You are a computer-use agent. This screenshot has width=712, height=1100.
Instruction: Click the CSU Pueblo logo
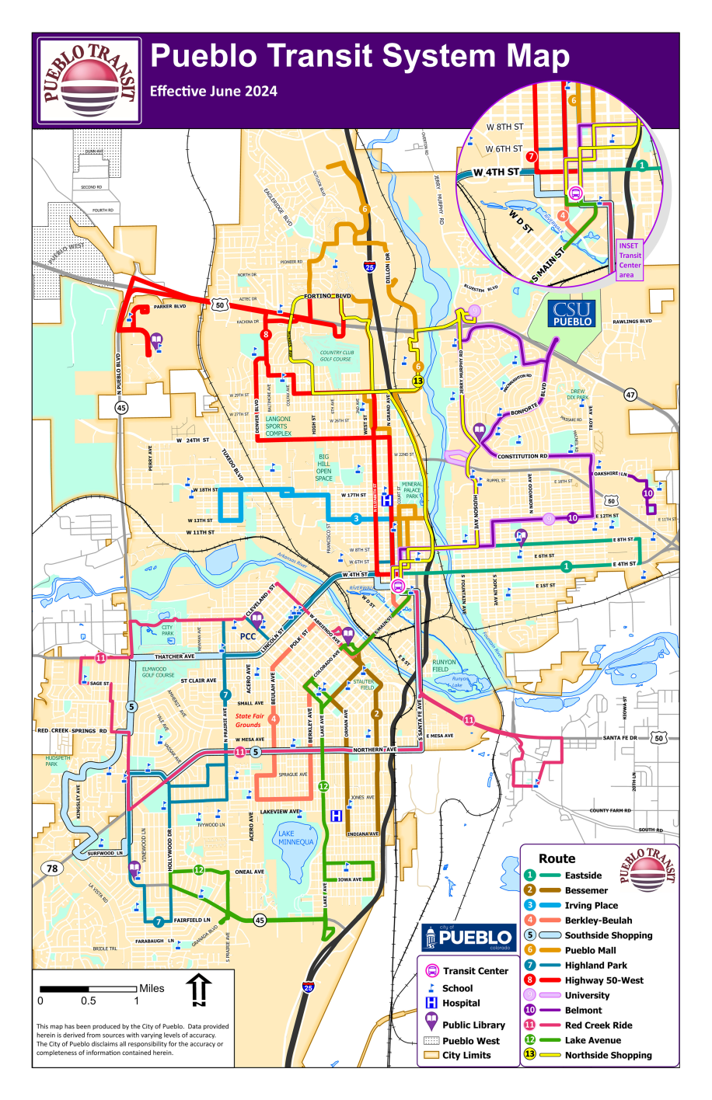click(573, 314)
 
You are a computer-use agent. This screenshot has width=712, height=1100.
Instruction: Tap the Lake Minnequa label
click(296, 837)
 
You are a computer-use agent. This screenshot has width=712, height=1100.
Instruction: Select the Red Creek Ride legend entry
click(598, 1025)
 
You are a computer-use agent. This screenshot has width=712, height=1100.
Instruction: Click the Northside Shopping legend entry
click(607, 1055)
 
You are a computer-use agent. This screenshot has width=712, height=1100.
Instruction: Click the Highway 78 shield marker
click(52, 869)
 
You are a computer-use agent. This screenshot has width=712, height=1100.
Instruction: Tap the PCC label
click(248, 636)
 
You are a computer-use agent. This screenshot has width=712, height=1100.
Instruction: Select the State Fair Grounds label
click(250, 720)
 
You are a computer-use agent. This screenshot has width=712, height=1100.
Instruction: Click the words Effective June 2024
click(214, 91)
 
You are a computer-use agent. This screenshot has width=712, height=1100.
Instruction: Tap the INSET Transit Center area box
click(630, 260)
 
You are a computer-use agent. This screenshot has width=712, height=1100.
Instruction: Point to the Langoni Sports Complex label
click(278, 426)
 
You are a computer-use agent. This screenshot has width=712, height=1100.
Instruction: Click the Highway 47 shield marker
click(630, 395)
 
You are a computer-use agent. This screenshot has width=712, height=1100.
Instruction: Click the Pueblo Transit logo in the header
click(89, 81)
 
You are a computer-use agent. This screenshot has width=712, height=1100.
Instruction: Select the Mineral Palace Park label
click(412, 490)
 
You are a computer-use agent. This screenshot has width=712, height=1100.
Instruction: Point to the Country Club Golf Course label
click(337, 356)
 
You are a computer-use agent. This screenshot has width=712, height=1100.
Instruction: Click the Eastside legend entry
click(582, 875)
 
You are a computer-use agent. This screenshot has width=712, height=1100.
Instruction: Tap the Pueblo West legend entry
click(470, 1041)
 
